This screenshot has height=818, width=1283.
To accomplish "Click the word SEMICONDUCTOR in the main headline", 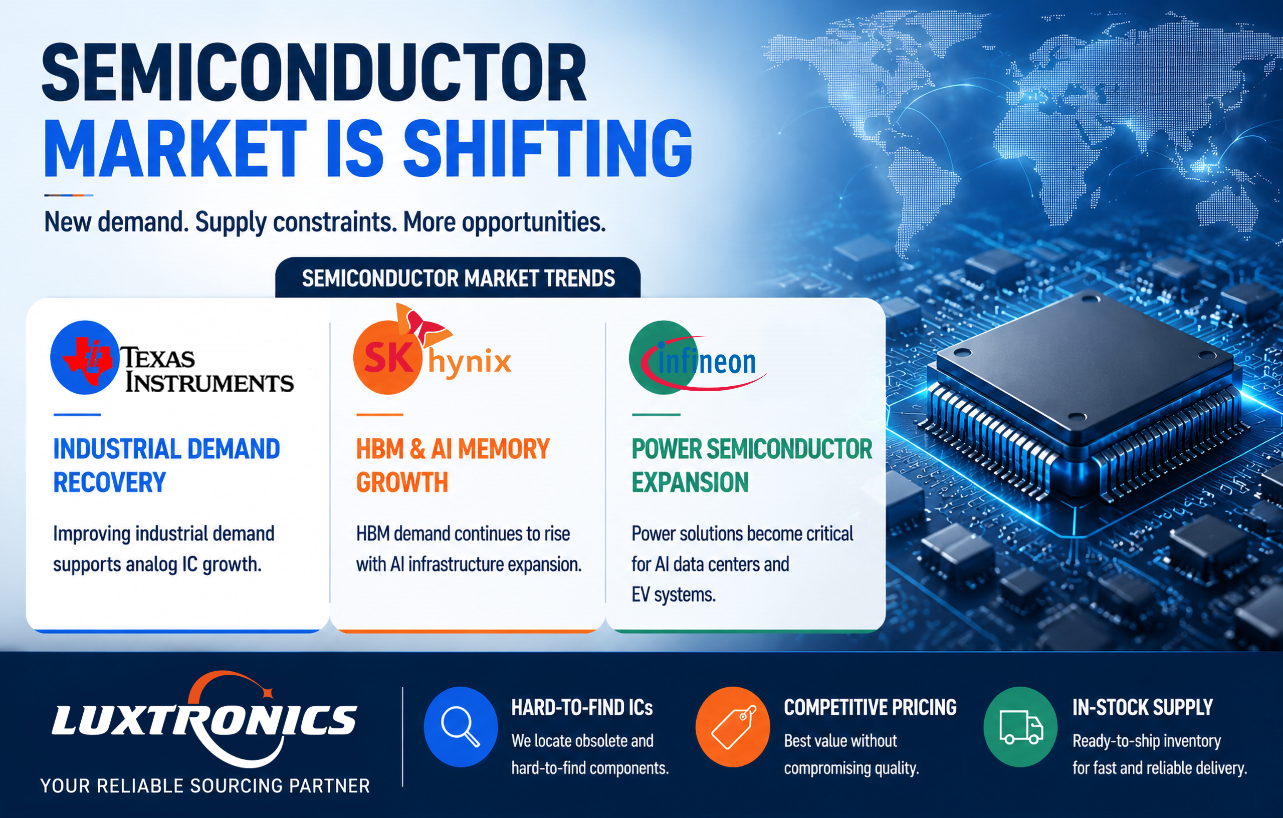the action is pyautogui.click(x=314, y=73).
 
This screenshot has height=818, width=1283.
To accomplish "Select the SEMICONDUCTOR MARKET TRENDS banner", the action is pyautogui.click(x=458, y=278).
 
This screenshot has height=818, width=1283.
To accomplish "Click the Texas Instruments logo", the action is pyautogui.click(x=171, y=358).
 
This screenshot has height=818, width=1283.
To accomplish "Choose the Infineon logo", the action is pyautogui.click(x=697, y=357).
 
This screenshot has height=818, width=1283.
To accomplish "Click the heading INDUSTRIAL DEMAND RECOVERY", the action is pyautogui.click(x=166, y=465).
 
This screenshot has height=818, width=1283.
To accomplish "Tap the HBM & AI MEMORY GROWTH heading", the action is pyautogui.click(x=453, y=465).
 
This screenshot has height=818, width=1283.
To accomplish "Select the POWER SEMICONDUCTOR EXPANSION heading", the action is pyautogui.click(x=752, y=465).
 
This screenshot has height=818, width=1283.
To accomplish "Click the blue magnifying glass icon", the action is pyautogui.click(x=461, y=727).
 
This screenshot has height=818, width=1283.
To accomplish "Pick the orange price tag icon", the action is pyautogui.click(x=733, y=727).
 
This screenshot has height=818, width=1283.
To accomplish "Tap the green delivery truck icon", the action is pyautogui.click(x=1020, y=727).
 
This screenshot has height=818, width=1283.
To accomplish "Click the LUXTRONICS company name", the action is pyautogui.click(x=204, y=720).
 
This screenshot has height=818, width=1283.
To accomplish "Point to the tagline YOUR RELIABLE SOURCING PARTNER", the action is pyautogui.click(x=205, y=786).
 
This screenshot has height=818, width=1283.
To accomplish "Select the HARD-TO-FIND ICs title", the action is pyautogui.click(x=582, y=708).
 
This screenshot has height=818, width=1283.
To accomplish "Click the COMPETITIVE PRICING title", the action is pyautogui.click(x=870, y=708).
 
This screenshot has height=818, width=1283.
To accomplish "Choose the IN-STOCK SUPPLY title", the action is pyautogui.click(x=1142, y=708).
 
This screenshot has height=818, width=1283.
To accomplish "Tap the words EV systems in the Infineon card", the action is pyautogui.click(x=674, y=595).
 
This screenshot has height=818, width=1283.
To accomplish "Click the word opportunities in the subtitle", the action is pyautogui.click(x=533, y=222).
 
